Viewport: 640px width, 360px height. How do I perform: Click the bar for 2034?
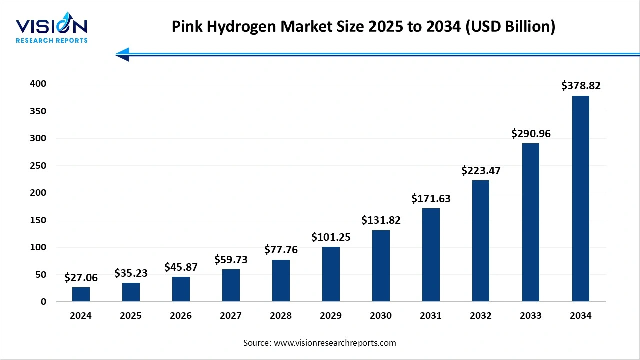pos(580,199)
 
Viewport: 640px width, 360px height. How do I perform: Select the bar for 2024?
pos(81,294)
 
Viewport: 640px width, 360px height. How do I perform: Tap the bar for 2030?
pos(381,266)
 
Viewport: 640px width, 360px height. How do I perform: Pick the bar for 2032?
pos(481,241)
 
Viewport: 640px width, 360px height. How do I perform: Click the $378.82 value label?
pos(581,86)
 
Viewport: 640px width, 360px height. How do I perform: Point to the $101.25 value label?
pos(331,237)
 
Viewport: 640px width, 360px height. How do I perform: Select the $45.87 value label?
pos(181,267)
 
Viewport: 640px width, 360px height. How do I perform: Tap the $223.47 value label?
pos(481,171)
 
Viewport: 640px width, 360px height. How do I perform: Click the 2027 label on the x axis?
pos(231,316)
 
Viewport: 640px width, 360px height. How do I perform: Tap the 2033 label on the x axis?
pos(531,316)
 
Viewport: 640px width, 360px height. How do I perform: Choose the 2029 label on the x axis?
pos(331,316)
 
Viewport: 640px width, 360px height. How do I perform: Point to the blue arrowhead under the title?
pos(122,54)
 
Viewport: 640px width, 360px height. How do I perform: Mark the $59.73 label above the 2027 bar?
pos(231,260)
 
